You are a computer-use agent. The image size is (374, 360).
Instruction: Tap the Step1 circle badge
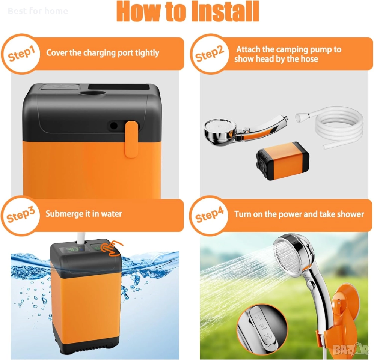click(21, 54)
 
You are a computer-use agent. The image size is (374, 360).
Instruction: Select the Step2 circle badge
click(210, 54)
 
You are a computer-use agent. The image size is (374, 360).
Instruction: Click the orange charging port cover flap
click(131, 139)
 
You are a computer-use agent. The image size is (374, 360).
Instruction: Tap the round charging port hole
click(113, 126)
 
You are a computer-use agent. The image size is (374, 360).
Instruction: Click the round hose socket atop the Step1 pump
click(92, 93)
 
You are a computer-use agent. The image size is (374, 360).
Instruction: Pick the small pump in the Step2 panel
click(283, 160)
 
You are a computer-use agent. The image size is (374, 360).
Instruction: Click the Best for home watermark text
click(38, 11)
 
